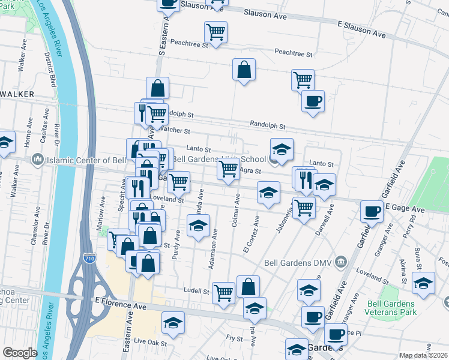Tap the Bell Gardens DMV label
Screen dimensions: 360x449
298,262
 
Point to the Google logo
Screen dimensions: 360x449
20,353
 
